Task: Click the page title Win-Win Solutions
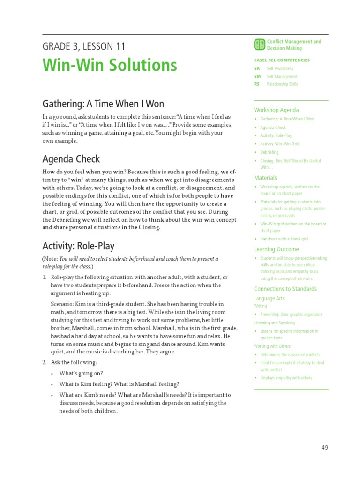point(110,65)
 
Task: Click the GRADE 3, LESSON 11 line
point(84,46)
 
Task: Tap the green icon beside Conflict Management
point(259,45)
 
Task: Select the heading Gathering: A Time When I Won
point(103,104)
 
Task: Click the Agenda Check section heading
point(71,159)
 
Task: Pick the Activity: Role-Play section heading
point(78,246)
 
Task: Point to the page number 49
point(325,447)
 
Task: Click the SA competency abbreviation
point(256,69)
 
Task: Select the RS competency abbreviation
point(256,84)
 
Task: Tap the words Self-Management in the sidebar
point(282,77)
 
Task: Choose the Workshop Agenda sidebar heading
point(276,110)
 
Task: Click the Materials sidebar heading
point(265,178)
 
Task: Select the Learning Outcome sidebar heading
point(276,249)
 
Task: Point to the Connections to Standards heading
point(285,289)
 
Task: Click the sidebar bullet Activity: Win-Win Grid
point(279,144)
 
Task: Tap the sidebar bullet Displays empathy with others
point(286,378)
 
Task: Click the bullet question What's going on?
point(81,373)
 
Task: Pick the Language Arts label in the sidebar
point(269,298)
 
